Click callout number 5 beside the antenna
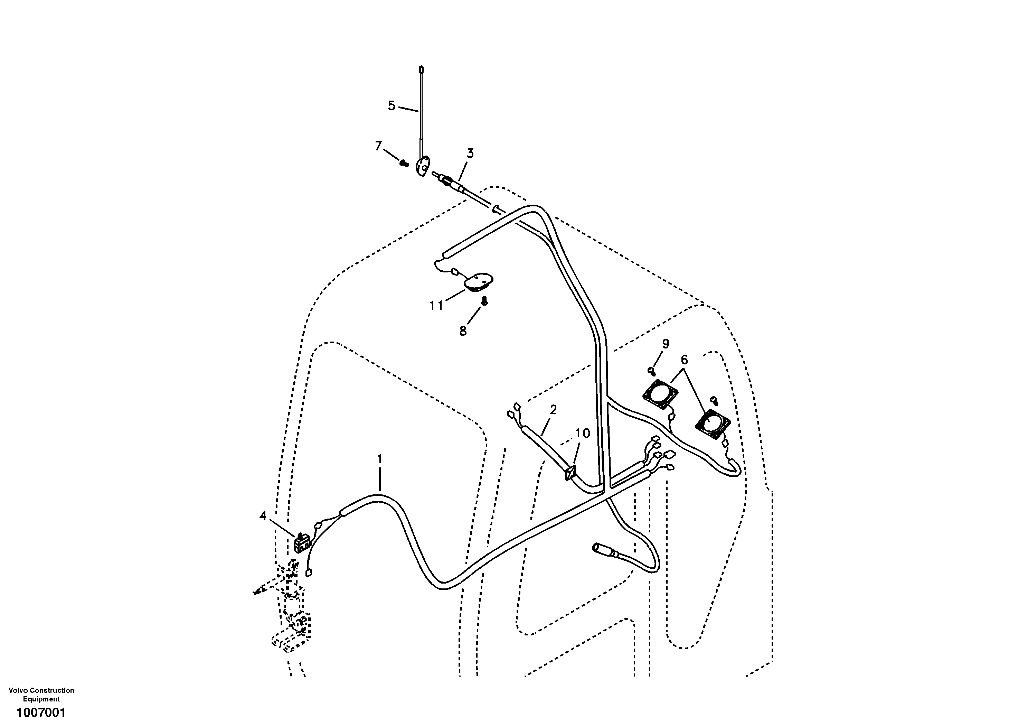(x=391, y=106)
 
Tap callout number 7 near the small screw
(x=378, y=146)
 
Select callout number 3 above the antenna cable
(x=470, y=153)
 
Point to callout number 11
(x=436, y=306)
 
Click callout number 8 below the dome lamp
(x=463, y=331)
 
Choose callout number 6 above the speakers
(x=684, y=360)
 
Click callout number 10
(x=583, y=433)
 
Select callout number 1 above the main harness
(x=380, y=459)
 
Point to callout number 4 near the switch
(x=263, y=516)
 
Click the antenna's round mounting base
(x=422, y=167)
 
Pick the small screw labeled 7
(x=404, y=164)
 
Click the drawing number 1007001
(x=41, y=712)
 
